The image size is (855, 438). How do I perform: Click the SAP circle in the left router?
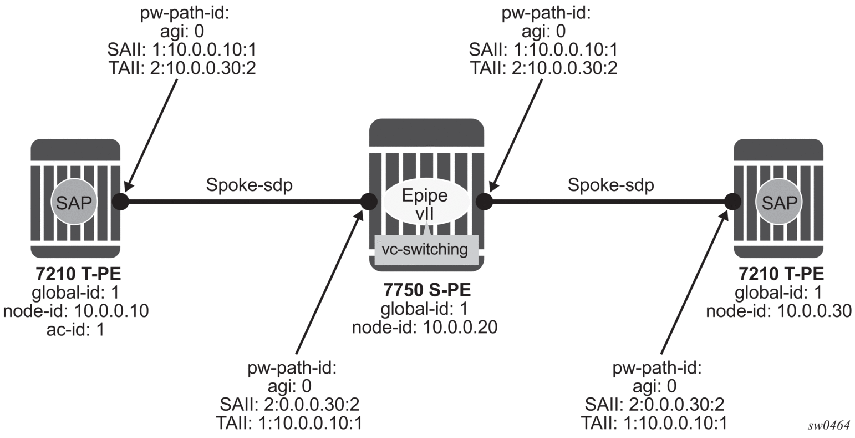pos(74,202)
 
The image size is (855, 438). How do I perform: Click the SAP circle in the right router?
pos(780,202)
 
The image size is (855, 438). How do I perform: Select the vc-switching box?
pos(426,250)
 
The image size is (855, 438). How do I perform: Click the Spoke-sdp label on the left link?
pos(250,185)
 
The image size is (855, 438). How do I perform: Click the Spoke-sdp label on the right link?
pos(610,185)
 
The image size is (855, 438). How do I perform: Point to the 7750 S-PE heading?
pos(427,290)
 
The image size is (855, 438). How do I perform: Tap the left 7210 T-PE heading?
pos(78,274)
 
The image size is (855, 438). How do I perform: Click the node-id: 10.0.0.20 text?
pos(424,327)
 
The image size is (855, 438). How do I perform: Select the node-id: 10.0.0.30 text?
pos(778,311)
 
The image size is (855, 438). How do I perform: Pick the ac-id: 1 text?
pos(75,329)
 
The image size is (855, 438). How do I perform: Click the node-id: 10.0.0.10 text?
pos(75,311)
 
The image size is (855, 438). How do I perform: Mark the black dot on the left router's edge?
pos(121,202)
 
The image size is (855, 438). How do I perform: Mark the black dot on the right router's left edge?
pos(733,202)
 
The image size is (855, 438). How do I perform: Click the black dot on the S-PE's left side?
pos(369,202)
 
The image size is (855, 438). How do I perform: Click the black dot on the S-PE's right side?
pos(485,202)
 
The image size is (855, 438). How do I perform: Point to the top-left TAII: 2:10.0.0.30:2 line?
pos(182,68)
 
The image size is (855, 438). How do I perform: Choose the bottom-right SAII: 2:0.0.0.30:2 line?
pos(654,404)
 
